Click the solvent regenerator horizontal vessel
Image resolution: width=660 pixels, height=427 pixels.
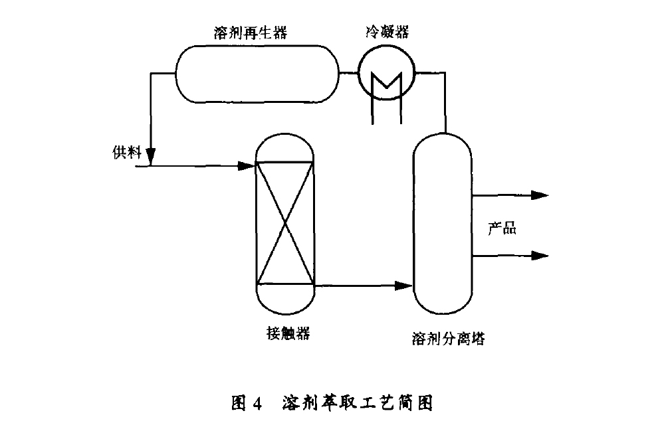coord(256,72)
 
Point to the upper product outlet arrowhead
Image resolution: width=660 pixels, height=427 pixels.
coord(540,195)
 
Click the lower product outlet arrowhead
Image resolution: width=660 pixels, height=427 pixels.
coord(540,256)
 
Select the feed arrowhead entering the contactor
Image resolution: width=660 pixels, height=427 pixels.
coord(248,165)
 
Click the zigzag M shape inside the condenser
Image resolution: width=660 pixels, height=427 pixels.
coord(386,83)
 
